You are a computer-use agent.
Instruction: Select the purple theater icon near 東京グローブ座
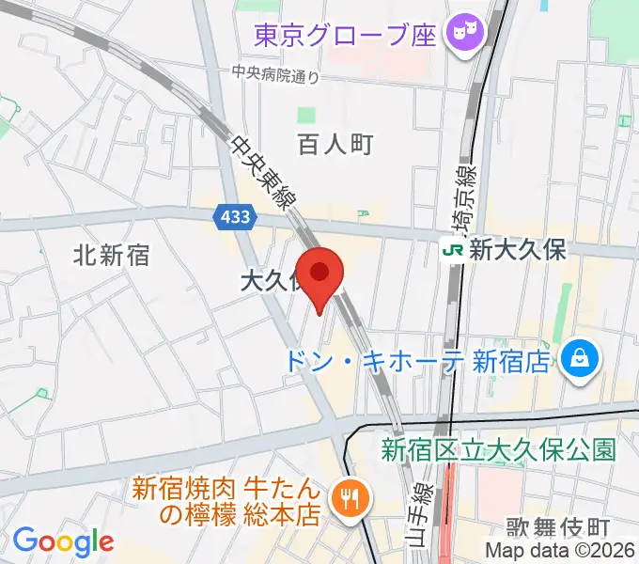[x=463, y=36]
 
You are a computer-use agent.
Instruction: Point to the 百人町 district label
[x=335, y=144]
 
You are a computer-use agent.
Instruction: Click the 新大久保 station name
[x=517, y=249]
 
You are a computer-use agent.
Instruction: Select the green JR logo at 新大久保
[x=454, y=249]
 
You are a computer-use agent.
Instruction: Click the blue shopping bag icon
[x=579, y=358]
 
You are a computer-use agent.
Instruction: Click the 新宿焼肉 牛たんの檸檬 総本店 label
[x=228, y=502]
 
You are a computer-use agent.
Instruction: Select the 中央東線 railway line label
[x=262, y=173]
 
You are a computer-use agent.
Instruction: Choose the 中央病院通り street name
[x=276, y=76]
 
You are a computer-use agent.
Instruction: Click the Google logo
[x=63, y=541]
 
